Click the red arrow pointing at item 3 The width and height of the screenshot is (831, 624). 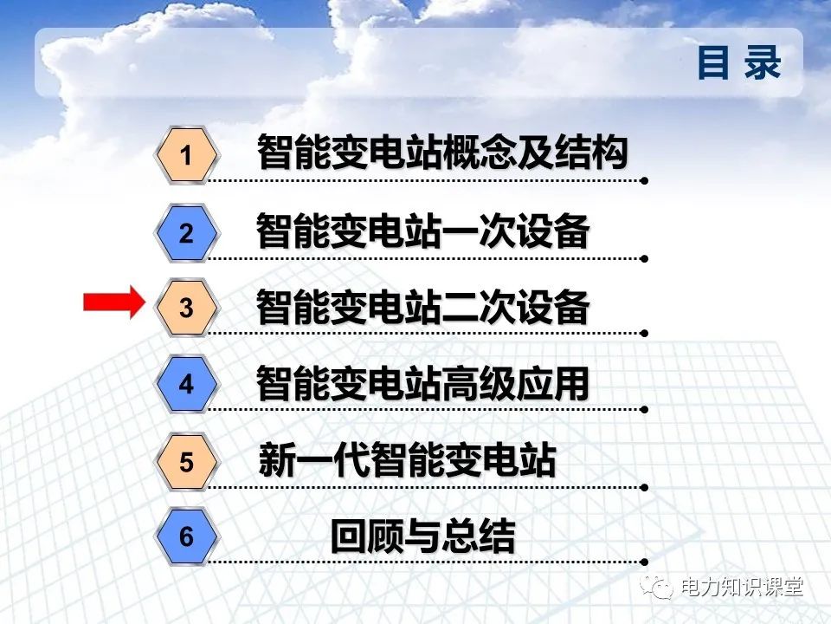coord(113,302)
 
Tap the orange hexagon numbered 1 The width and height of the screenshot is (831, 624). coord(186,156)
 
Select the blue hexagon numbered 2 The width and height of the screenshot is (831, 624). coord(186,233)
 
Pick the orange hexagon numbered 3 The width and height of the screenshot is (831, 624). coord(186,308)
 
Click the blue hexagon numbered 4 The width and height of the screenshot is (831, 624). coord(186,384)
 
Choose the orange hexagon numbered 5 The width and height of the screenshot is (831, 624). coord(186,462)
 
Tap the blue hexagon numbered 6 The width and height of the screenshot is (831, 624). coord(186,537)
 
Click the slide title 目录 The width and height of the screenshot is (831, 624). coord(738,63)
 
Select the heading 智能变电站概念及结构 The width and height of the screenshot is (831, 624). coord(441,154)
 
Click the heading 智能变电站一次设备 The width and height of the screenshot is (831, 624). coord(422,231)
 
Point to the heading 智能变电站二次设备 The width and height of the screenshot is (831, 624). coord(422,307)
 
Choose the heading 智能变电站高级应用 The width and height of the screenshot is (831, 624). coord(422,383)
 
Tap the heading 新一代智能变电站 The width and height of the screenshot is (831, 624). coord(407,460)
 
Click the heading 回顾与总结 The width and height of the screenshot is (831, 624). coord(422,536)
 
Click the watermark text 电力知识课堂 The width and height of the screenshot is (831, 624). coord(742,587)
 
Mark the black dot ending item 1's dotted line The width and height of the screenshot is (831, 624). coord(644,182)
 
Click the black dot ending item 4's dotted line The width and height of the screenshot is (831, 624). coord(644,410)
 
